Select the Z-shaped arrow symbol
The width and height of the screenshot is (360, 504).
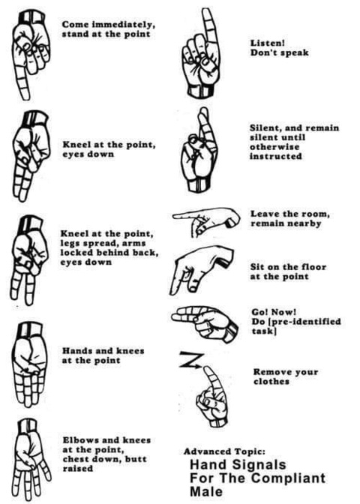[x=191, y=360]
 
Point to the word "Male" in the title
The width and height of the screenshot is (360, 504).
[x=206, y=491]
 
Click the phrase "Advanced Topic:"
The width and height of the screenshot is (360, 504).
[x=225, y=451]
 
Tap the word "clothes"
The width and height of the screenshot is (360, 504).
[x=271, y=382]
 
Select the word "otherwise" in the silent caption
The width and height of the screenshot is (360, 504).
[x=274, y=147]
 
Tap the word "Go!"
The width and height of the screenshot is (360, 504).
[x=259, y=312]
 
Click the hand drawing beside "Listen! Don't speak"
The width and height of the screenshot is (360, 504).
[x=200, y=53]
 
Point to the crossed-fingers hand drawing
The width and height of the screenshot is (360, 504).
[x=199, y=150]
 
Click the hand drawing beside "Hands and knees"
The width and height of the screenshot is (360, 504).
[x=30, y=366]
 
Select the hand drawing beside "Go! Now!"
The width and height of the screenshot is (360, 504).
[x=205, y=323]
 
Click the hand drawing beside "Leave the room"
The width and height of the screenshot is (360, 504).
[x=206, y=221]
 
